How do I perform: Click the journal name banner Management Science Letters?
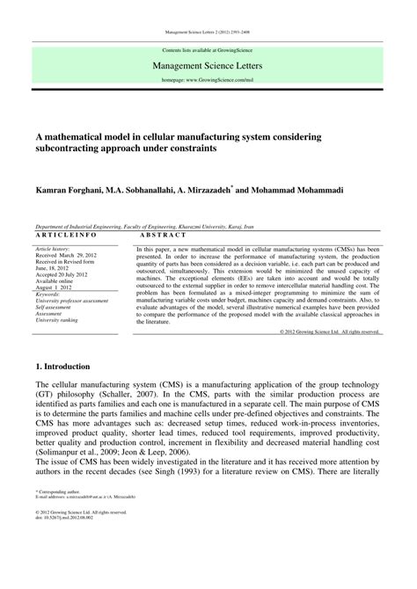pyautogui.click(x=208, y=64)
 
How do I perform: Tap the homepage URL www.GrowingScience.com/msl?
pyautogui.click(x=208, y=79)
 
